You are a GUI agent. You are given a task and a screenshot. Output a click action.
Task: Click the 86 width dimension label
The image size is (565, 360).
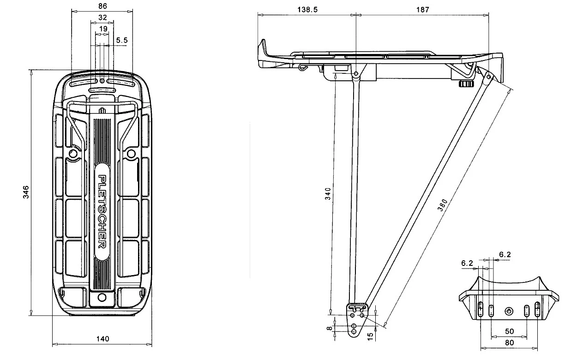pyautogui.click(x=102, y=6)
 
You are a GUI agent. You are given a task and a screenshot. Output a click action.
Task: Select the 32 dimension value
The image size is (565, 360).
pyautogui.click(x=102, y=18)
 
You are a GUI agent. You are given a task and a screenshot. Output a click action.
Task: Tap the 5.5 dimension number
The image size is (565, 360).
pyautogui.click(x=122, y=41)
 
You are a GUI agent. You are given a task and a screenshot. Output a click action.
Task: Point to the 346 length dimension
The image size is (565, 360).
pyautogui.click(x=26, y=192)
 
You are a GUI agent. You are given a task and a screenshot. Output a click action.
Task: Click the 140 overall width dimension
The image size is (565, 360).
pyautogui.click(x=102, y=339)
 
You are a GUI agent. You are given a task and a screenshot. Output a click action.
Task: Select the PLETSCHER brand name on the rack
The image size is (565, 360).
pyautogui.click(x=102, y=211)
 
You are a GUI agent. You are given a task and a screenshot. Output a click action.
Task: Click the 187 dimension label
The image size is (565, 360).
pyautogui.click(x=422, y=9)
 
